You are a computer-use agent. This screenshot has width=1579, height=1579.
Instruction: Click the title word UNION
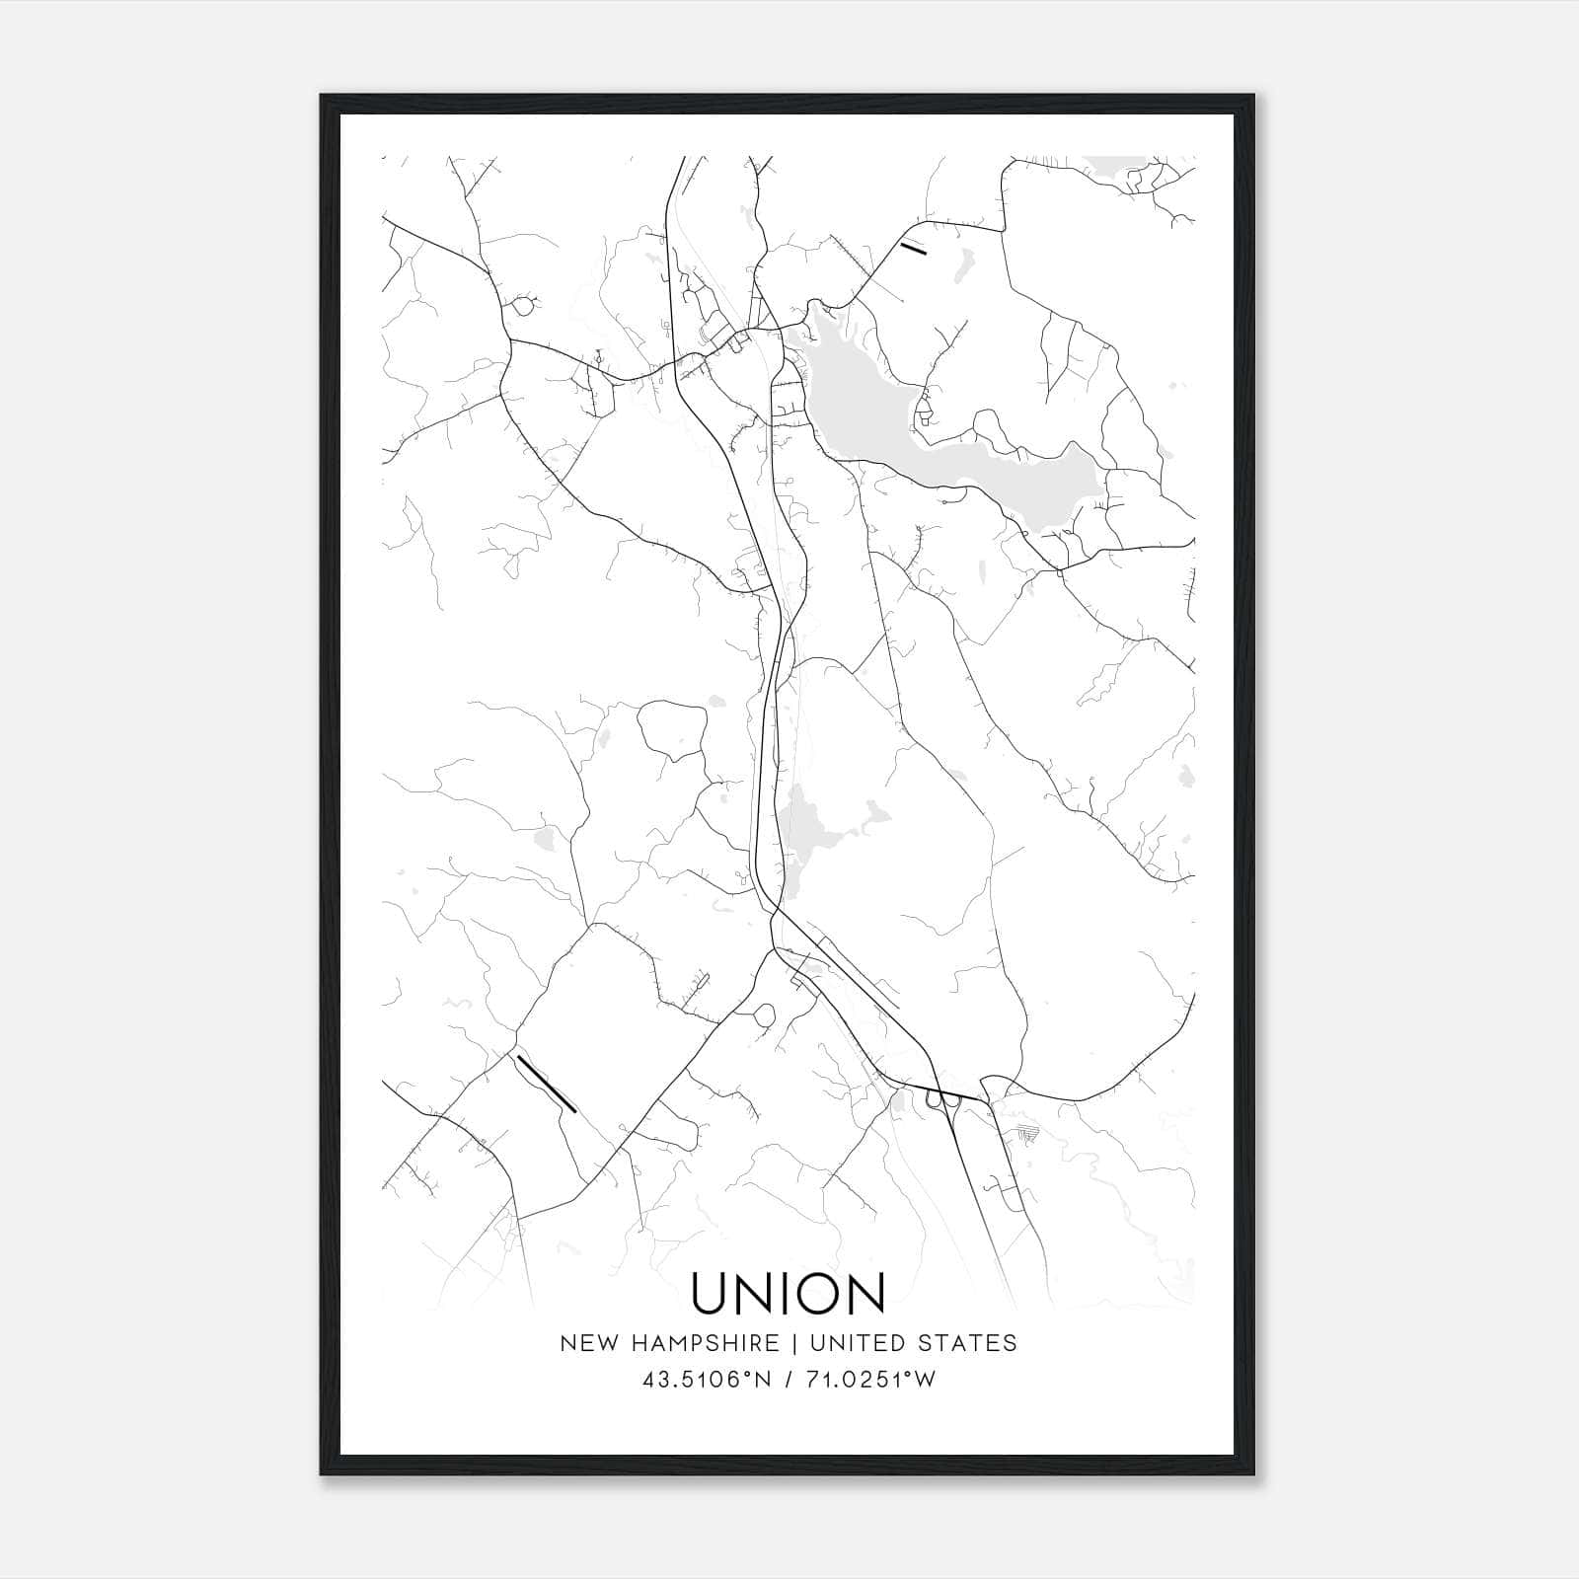tap(788, 1293)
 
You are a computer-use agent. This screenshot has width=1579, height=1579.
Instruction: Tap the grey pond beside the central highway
tap(804, 829)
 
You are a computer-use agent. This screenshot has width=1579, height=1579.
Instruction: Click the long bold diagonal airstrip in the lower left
tap(546, 1084)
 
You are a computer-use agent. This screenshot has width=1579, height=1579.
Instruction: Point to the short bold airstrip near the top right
tap(914, 248)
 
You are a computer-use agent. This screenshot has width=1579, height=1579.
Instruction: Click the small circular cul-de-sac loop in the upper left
tap(522, 307)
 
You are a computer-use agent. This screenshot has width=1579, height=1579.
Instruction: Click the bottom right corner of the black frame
tap(1254, 1474)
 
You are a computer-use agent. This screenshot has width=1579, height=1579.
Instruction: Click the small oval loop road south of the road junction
tap(765, 1015)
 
